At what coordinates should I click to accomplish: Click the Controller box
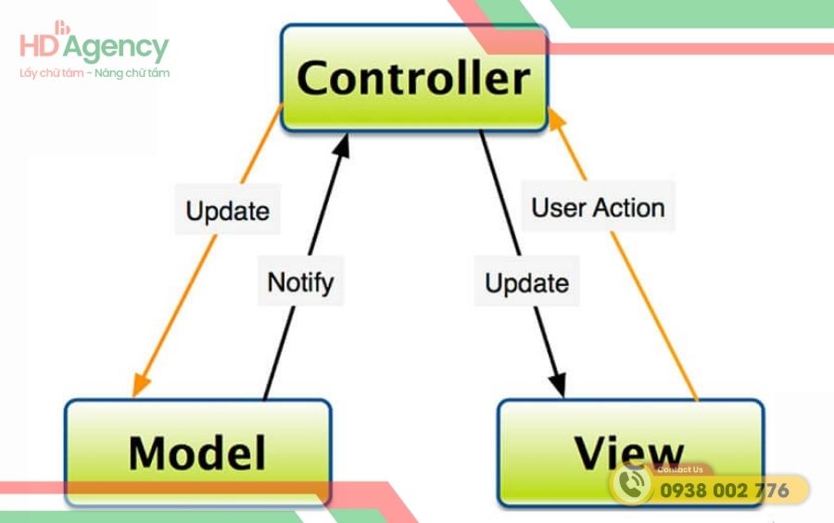tap(413, 78)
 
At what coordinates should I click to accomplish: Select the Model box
tap(197, 452)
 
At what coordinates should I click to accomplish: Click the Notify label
tap(299, 280)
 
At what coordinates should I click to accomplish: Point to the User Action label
tap(598, 206)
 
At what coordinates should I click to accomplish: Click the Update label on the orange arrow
tap(227, 210)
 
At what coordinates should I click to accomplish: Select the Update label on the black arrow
tap(526, 282)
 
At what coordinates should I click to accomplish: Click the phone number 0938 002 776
tap(724, 491)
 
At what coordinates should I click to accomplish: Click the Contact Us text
tap(679, 469)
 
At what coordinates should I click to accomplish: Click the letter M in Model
tap(150, 453)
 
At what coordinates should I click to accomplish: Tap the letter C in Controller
tap(315, 79)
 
